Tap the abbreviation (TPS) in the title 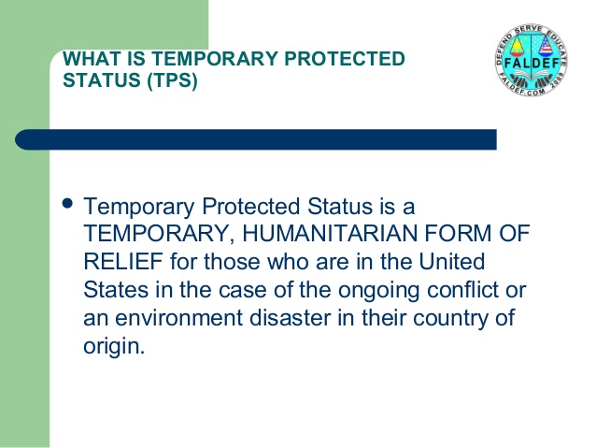pos(173,80)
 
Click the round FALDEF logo pos(532,60)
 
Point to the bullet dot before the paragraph pos(67,203)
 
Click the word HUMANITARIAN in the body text pos(330,233)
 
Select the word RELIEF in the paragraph pos(123,262)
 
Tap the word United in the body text pos(452,262)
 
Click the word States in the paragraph pos(116,290)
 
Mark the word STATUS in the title pos(102,80)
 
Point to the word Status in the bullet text pos(340,207)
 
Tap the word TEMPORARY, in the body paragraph pos(159,234)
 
